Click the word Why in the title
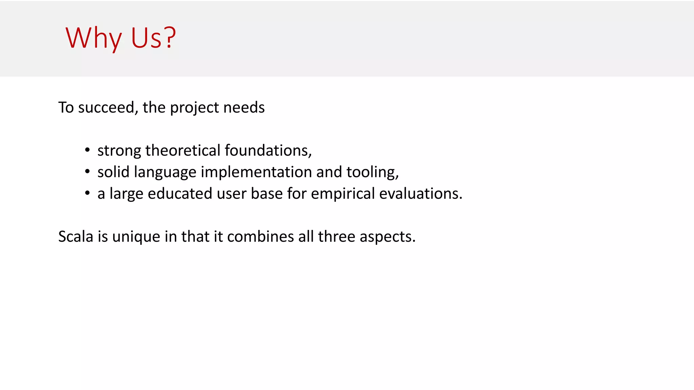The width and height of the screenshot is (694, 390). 94,38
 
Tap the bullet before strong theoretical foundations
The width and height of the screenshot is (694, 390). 87,150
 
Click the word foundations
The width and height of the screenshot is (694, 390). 267,151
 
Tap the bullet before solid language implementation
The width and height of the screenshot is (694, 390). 87,172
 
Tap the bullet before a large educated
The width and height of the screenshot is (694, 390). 87,193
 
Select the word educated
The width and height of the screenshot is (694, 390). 180,194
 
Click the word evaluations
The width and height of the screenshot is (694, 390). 420,194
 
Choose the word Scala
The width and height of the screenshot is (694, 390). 76,236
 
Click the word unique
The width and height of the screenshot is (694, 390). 136,237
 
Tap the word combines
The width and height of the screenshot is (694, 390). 260,236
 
